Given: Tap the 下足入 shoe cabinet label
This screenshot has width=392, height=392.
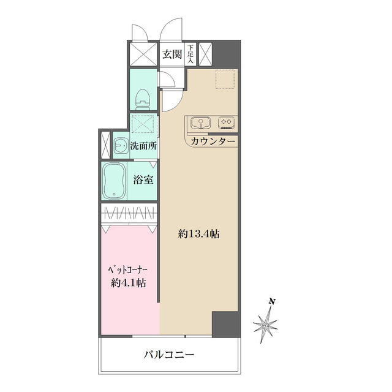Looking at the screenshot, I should pos(190,54).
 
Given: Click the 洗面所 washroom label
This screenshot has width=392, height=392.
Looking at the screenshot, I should pos(145,146).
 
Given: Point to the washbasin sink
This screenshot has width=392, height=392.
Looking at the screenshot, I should pos(118,146).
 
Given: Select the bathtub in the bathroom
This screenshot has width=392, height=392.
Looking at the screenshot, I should pos(115,181).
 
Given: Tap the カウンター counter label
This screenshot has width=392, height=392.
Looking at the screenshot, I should pos(213,141).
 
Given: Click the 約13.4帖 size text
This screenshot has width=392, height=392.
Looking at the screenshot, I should pos(200,234).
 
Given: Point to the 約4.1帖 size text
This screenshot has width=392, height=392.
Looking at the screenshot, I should pos(129,283).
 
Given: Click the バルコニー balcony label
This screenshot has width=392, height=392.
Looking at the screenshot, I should pos(169,355).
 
